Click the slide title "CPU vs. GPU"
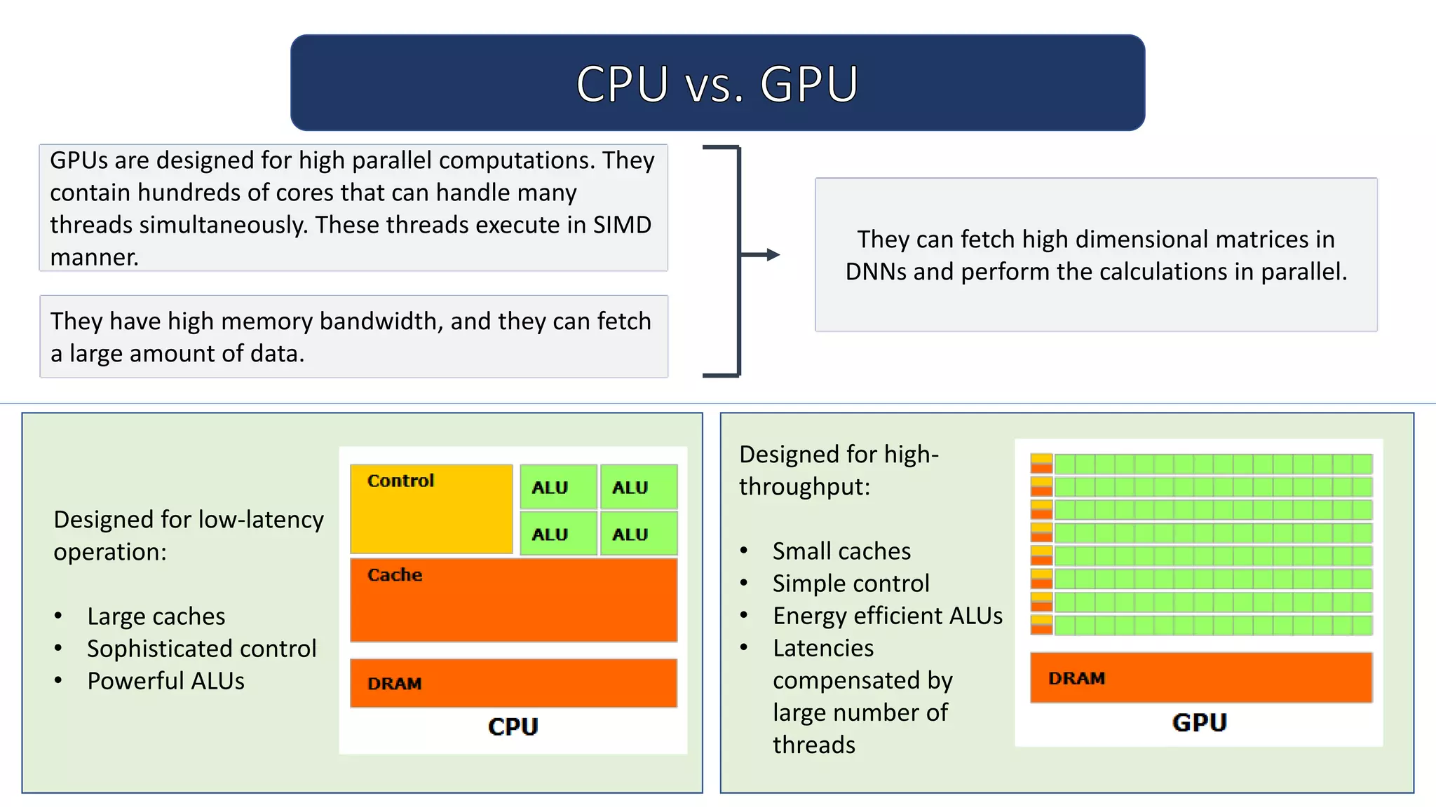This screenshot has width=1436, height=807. (717, 84)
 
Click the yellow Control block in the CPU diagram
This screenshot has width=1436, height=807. (431, 509)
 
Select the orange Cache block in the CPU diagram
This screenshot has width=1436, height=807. (513, 600)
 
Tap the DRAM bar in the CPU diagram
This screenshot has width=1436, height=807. (513, 683)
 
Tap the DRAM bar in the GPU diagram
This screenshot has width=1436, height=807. (1200, 677)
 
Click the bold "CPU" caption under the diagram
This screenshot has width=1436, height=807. (513, 726)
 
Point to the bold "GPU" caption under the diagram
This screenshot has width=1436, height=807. (1199, 722)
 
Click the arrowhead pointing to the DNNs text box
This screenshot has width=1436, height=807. (773, 255)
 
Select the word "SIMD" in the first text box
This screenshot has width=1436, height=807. (622, 225)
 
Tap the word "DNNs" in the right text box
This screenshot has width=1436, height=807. (876, 272)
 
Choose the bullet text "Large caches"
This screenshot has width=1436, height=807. (156, 616)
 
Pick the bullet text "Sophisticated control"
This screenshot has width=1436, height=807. (201, 649)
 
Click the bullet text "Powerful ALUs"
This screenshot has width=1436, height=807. (165, 681)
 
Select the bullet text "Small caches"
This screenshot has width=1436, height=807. (841, 551)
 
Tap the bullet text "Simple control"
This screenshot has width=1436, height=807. (851, 584)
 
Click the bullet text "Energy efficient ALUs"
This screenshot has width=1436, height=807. (888, 616)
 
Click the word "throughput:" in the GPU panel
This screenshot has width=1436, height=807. (804, 487)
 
